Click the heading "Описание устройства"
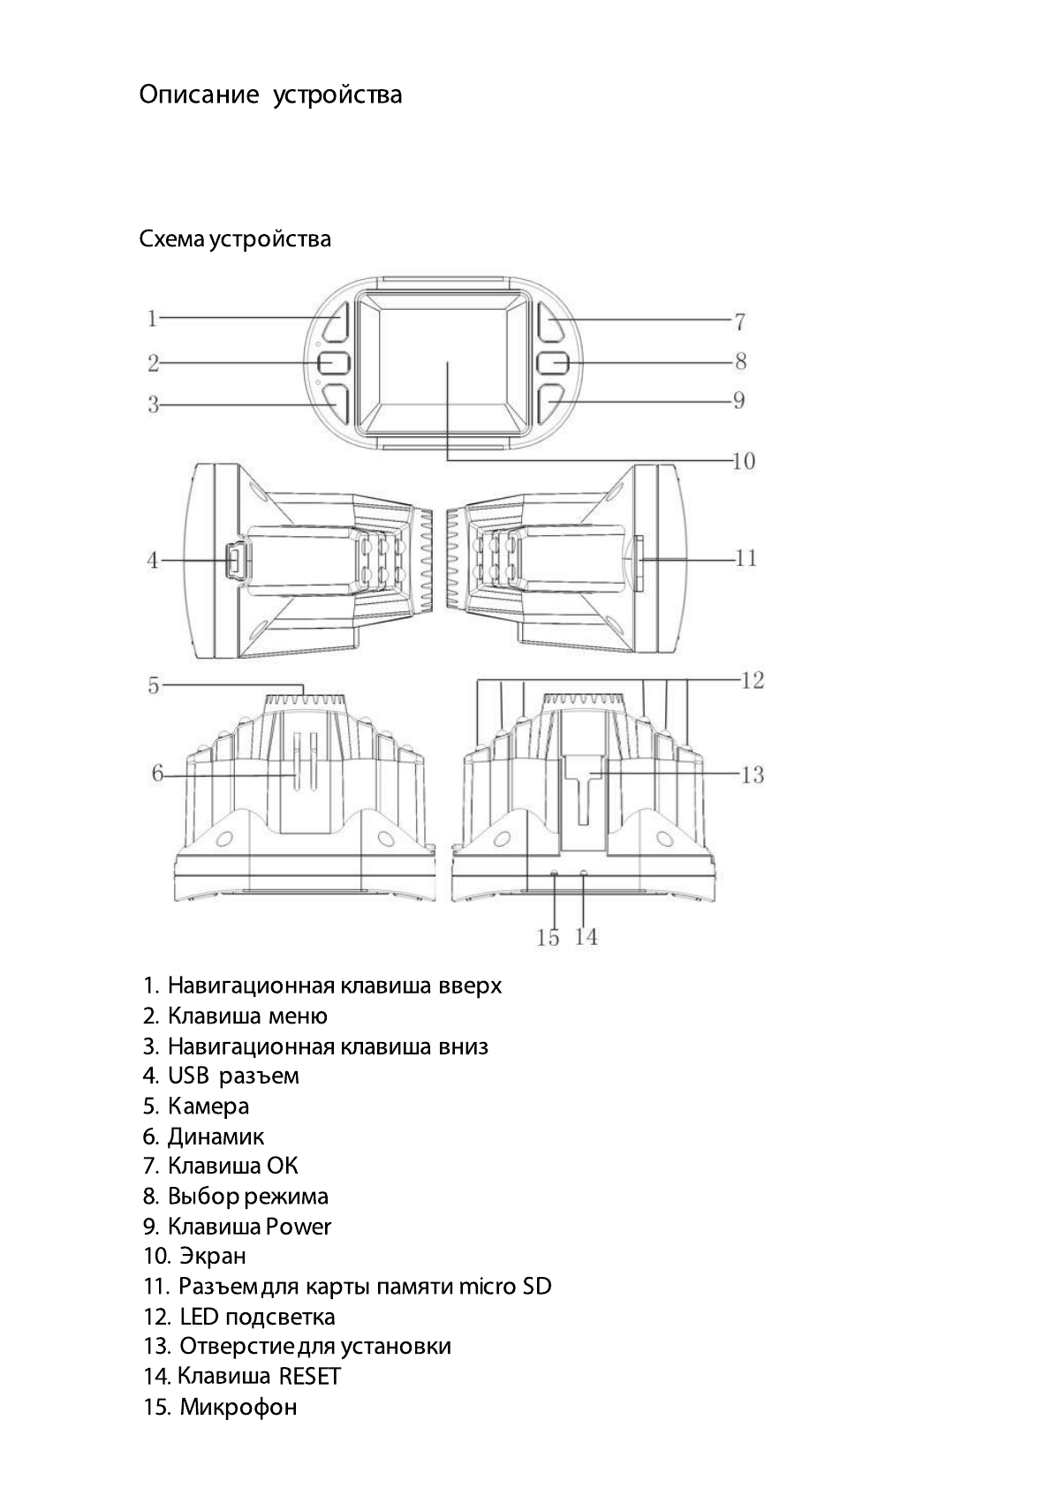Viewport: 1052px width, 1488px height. coord(270,94)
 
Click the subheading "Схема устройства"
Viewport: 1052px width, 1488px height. coord(235,238)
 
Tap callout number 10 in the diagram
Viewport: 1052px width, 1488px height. coord(744,461)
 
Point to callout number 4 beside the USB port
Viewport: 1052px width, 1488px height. coord(153,560)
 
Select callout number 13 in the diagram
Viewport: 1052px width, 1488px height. coord(752,775)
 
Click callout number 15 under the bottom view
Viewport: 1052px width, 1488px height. coord(548,938)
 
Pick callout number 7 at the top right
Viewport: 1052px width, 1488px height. coord(740,321)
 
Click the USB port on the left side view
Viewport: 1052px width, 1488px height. coord(238,560)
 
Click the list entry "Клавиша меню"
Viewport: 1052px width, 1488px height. coord(247,1016)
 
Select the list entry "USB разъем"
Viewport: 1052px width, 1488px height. coord(233,1076)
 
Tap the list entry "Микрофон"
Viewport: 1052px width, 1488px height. coord(238,1407)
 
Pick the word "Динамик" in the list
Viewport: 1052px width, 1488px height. coord(216,1137)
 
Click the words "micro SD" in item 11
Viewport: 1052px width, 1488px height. coord(505,1286)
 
